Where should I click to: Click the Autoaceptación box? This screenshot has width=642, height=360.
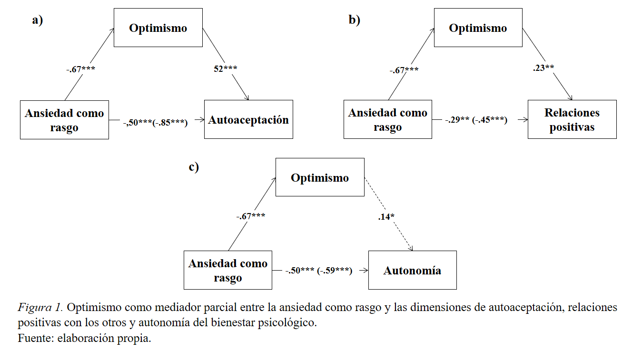pos(248,119)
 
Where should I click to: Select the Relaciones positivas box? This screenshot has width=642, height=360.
pos(572,119)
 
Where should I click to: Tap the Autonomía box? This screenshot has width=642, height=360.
pos(412,270)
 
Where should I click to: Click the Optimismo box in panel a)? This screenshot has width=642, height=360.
pos(158,28)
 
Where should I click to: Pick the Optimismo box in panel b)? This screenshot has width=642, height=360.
pos(478,28)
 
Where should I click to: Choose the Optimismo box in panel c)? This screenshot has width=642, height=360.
pos(320,177)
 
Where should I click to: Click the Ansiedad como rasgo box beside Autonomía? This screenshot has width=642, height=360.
pos(228,270)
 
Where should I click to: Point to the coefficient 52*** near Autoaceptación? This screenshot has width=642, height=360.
pos(226,68)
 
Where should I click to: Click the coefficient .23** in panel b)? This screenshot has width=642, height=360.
pos(543,68)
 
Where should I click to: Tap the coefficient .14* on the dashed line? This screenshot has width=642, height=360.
pos(386,217)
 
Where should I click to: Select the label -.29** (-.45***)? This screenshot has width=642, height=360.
pos(476,120)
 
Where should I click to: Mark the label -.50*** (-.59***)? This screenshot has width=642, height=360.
pos(318,271)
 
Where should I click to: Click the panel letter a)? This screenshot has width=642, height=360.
pos(38,20)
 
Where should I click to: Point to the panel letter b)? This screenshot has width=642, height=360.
pos(355,20)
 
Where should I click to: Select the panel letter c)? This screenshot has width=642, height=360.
pos(194,167)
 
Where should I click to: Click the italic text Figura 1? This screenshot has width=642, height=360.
pos(40,307)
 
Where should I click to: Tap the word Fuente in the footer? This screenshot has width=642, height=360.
pos(33,339)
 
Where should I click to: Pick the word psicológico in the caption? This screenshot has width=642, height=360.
pos(290,323)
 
